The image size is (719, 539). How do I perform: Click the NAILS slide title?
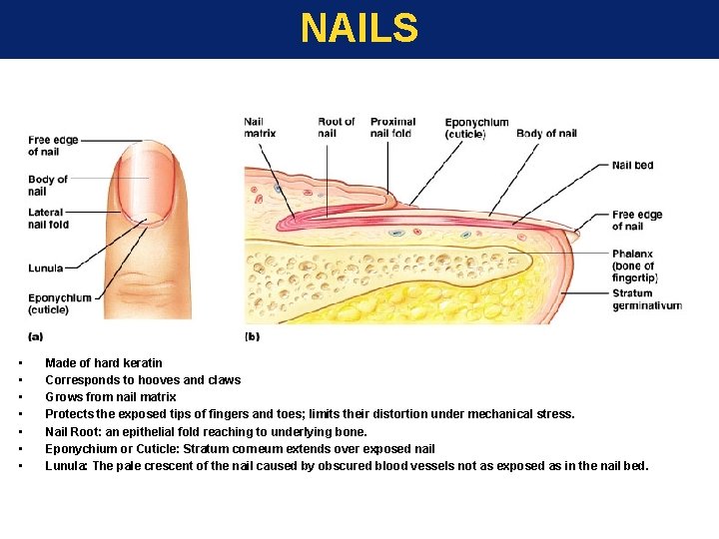tap(359, 28)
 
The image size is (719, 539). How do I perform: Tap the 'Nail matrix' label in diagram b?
tap(260, 128)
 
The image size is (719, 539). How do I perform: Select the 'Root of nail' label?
tap(337, 128)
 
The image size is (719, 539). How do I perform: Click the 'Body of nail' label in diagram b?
tap(546, 134)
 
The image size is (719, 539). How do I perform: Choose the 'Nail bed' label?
tap(632, 165)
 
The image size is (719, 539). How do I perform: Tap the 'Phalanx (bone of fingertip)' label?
tap(634, 266)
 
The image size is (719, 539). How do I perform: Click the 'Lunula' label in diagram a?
tap(45, 268)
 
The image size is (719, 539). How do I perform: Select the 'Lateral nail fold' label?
tap(48, 219)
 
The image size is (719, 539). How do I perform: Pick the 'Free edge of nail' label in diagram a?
tap(53, 146)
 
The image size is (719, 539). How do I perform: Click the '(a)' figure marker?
tap(35, 336)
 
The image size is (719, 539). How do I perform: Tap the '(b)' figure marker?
tap(252, 336)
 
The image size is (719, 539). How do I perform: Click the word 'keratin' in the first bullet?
tap(144, 363)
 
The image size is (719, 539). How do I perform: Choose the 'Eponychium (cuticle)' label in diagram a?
tap(59, 303)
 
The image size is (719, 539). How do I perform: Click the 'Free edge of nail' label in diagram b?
tap(637, 221)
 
